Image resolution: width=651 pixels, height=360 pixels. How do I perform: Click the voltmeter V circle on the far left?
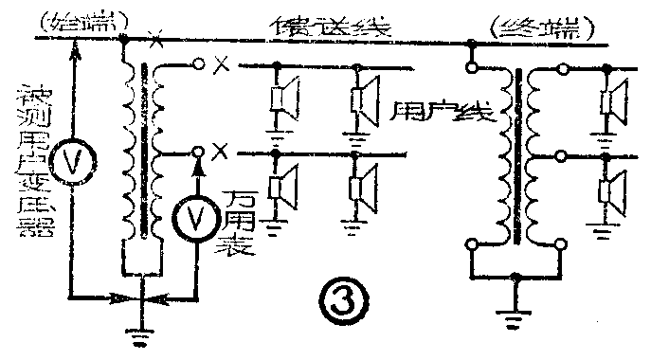tap(71, 160)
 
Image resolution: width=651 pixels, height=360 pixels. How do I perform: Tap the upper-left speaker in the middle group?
tap(282, 99)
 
